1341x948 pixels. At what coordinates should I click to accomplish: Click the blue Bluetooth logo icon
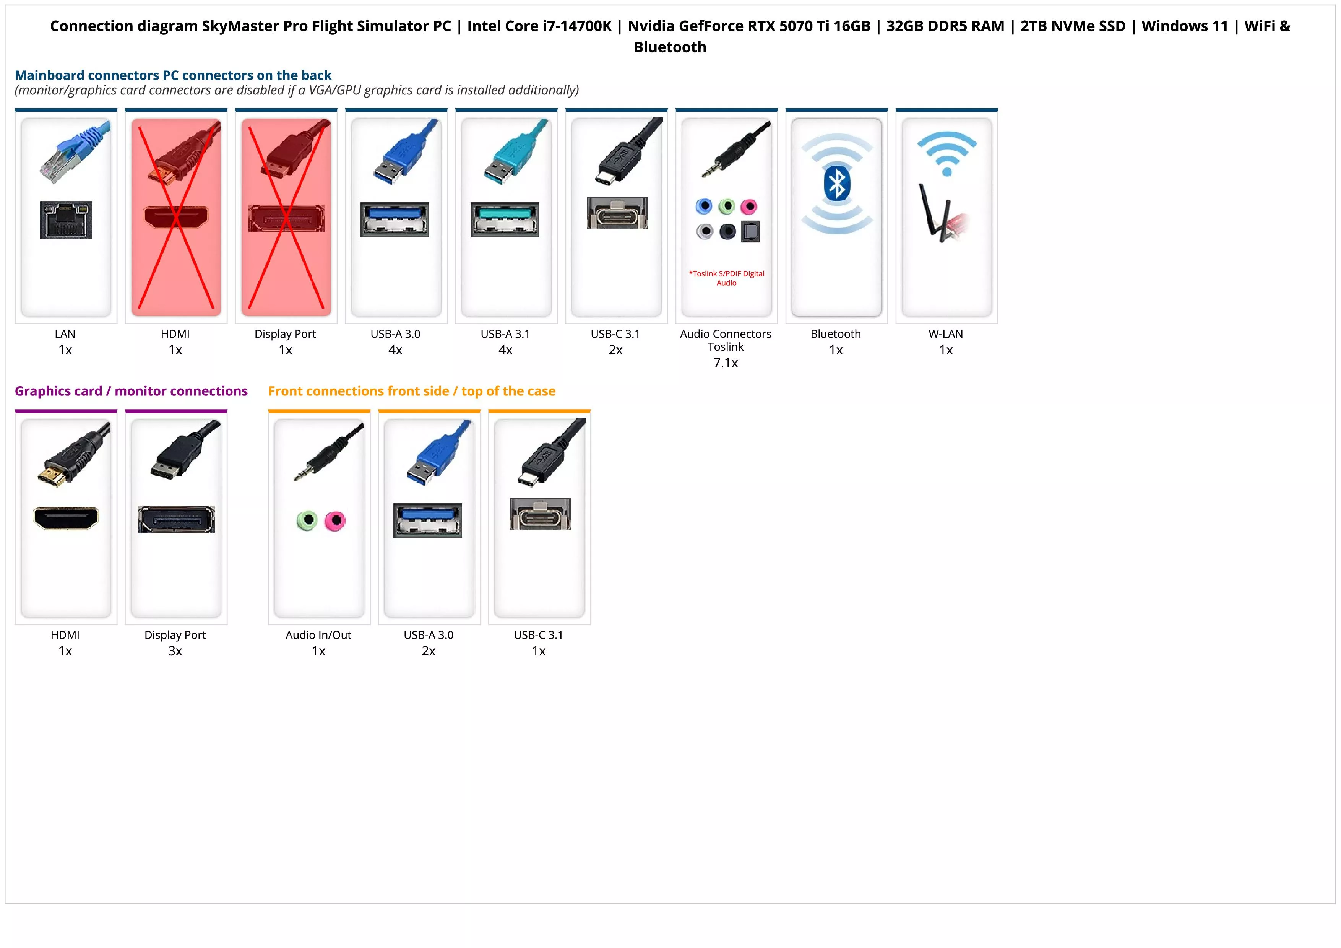pyautogui.click(x=836, y=184)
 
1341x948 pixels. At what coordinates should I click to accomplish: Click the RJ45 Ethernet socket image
pyautogui.click(x=66, y=220)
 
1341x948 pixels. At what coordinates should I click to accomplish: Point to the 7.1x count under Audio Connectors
pyautogui.click(x=726, y=363)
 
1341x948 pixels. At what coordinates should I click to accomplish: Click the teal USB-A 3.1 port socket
pyautogui.click(x=505, y=219)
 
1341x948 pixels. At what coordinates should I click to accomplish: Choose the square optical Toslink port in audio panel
pyautogui.click(x=750, y=232)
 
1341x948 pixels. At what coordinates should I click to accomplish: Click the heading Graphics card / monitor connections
pyautogui.click(x=131, y=391)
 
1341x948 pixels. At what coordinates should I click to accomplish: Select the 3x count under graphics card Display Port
pyautogui.click(x=175, y=651)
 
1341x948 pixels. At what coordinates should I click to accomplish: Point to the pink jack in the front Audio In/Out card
pyautogui.click(x=334, y=520)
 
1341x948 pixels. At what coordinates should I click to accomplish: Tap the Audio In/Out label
pyautogui.click(x=318, y=635)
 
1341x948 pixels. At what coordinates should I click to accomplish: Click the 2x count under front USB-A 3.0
pyautogui.click(x=428, y=651)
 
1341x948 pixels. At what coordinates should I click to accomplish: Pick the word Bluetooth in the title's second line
pyautogui.click(x=670, y=47)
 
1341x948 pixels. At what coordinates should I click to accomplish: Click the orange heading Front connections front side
pyautogui.click(x=411, y=391)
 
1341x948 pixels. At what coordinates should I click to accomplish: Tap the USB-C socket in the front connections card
pyautogui.click(x=540, y=514)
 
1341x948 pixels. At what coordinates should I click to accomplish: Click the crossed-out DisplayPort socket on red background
pyautogui.click(x=286, y=218)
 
